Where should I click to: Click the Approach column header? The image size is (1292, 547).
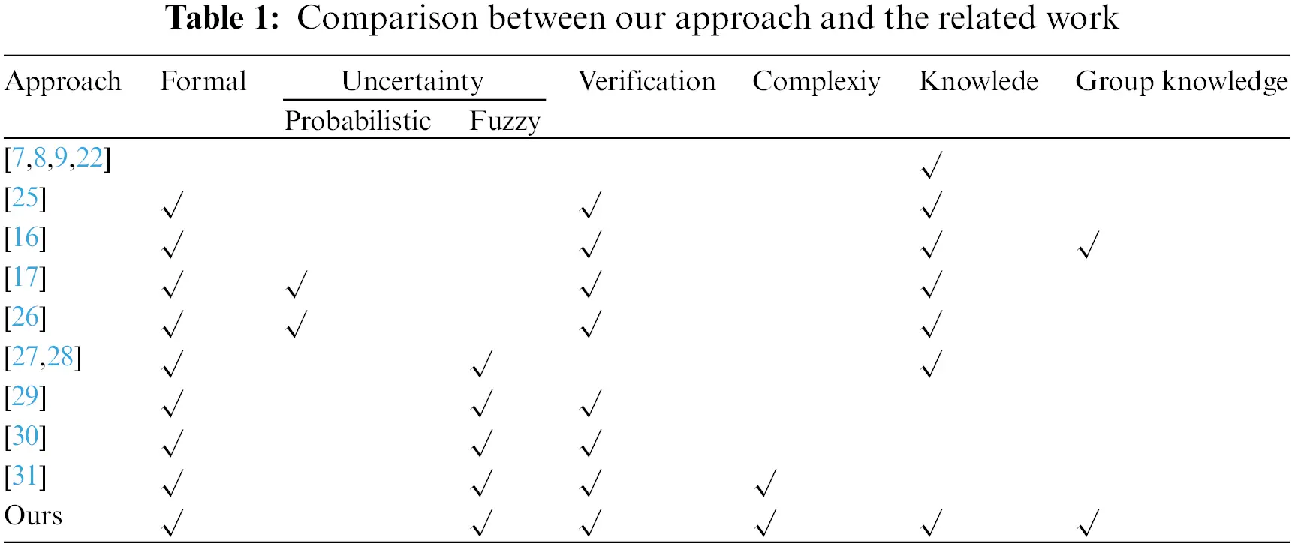click(x=62, y=82)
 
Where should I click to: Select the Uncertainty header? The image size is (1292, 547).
click(x=412, y=82)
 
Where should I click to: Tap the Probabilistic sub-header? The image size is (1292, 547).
click(x=357, y=121)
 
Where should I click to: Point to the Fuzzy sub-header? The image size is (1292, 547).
click(x=504, y=121)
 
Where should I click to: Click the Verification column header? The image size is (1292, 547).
click(x=646, y=82)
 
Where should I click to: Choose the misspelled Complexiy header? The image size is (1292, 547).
click(x=816, y=82)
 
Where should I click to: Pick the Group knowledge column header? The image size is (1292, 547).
click(x=1181, y=82)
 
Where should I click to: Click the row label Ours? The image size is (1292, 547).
click(x=33, y=515)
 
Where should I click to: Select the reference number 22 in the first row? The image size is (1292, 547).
click(x=89, y=158)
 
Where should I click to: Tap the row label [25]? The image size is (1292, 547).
click(x=26, y=198)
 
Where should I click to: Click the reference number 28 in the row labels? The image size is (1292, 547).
click(x=60, y=356)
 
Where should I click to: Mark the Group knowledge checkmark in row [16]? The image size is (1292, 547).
click(x=1088, y=245)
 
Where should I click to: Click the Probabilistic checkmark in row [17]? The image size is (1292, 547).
click(x=297, y=284)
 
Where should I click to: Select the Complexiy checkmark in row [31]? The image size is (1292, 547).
click(x=765, y=483)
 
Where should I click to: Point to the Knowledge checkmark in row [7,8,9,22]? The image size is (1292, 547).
click(x=931, y=165)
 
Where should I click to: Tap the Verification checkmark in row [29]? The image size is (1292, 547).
click(x=591, y=404)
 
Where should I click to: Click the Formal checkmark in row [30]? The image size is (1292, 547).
click(x=173, y=443)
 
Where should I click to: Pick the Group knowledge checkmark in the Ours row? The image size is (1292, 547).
click(x=1088, y=523)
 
